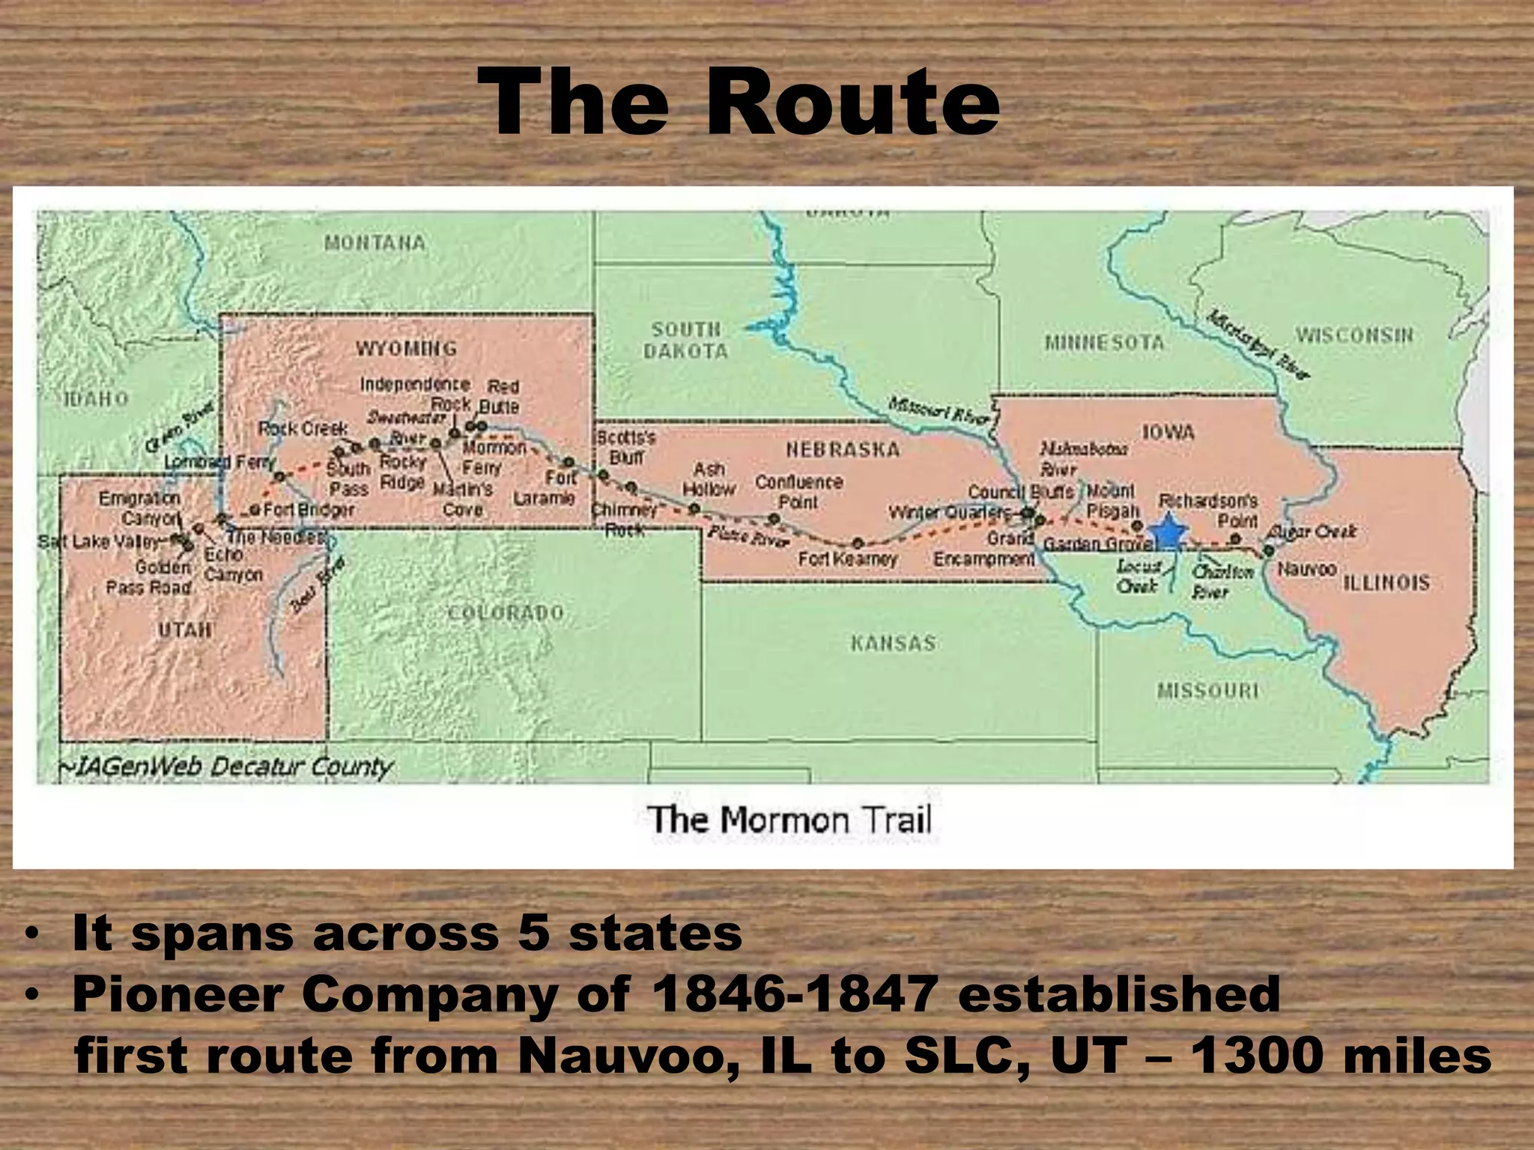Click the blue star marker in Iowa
(x=1168, y=532)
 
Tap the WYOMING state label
(x=406, y=349)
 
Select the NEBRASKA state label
(x=842, y=449)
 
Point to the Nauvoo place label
(x=1306, y=569)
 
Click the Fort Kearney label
(x=847, y=559)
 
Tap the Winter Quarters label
(x=950, y=513)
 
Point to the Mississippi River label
(x=1259, y=344)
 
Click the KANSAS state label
(x=893, y=643)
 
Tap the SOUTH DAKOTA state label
(x=685, y=341)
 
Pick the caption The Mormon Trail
(x=789, y=820)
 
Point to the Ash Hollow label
(x=709, y=479)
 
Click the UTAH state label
(x=184, y=630)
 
